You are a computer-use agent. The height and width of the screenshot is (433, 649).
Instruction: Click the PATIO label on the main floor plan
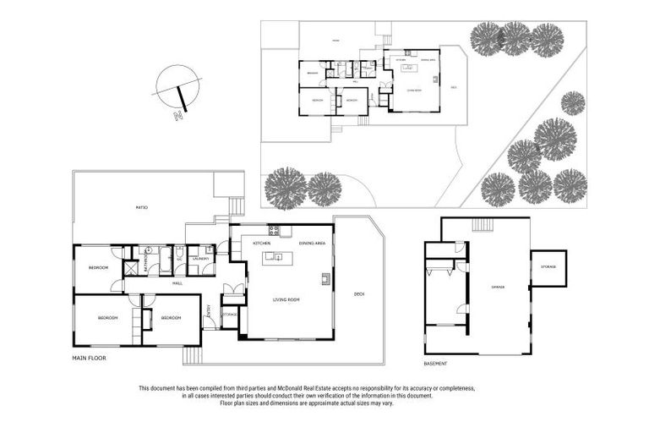click(x=142, y=207)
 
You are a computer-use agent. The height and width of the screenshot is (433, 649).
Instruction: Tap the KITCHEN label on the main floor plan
click(x=261, y=243)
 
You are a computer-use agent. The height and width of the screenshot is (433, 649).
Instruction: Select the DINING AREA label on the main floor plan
click(x=313, y=243)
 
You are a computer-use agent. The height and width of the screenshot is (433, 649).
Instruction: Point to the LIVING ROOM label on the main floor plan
click(x=286, y=299)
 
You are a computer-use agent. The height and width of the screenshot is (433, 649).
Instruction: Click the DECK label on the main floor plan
click(x=359, y=293)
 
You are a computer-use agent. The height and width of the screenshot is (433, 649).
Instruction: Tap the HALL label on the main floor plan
click(x=177, y=283)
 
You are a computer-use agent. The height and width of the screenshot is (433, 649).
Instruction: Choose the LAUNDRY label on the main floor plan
click(x=200, y=259)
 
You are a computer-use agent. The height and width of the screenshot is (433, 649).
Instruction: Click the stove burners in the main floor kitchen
click(x=274, y=231)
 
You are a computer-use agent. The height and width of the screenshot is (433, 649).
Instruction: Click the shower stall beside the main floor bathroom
click(x=131, y=268)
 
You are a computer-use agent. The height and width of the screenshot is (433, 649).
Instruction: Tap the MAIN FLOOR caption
click(x=90, y=359)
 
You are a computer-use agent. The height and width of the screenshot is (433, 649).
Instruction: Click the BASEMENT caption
click(x=437, y=363)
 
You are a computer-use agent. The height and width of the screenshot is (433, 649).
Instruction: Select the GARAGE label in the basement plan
click(x=498, y=288)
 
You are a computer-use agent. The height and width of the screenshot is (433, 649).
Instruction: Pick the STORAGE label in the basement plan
click(x=548, y=267)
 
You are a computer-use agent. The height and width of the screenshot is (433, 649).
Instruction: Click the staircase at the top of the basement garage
click(x=482, y=224)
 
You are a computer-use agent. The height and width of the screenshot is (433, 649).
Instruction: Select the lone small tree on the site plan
click(x=573, y=103)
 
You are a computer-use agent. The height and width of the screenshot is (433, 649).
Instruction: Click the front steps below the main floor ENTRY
click(x=192, y=354)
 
